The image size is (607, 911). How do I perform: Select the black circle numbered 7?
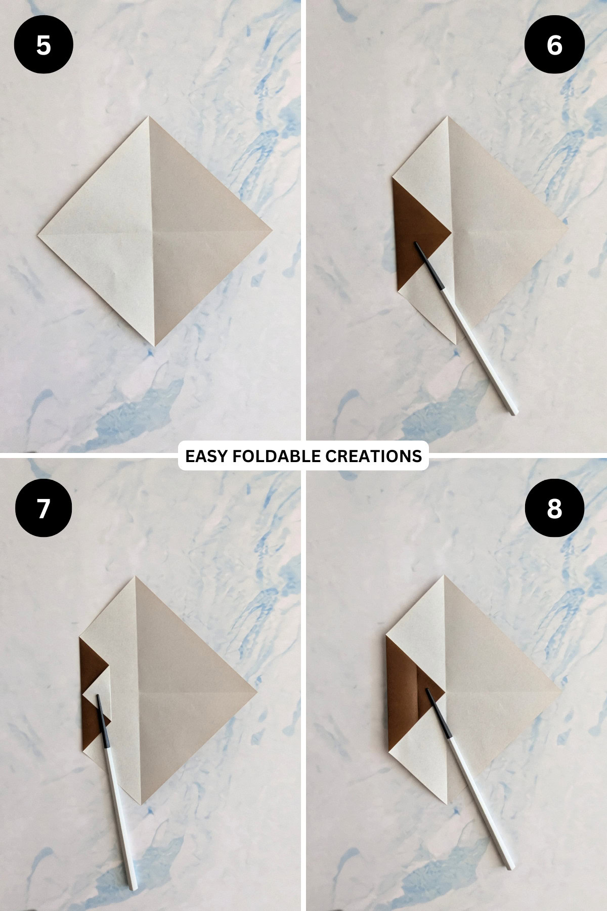coord(44,508)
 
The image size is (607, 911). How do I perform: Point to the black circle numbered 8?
coord(554,508)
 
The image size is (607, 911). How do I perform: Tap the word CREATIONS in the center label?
coord(373,456)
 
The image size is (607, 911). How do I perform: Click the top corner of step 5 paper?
coord(149,117)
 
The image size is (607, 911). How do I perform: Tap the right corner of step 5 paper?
coord(272,230)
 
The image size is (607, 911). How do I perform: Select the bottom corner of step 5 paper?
coord(155,346)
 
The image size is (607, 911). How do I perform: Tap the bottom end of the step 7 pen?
coord(134,888)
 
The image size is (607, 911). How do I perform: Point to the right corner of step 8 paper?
coord(561,689)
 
